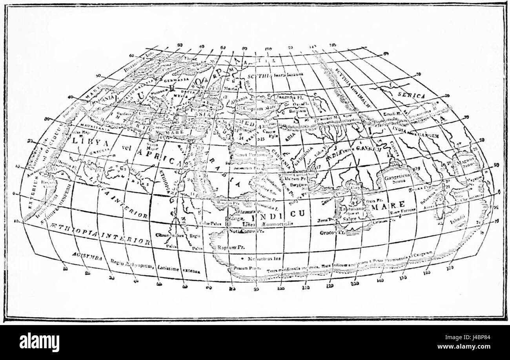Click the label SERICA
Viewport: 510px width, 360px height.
click(412, 96)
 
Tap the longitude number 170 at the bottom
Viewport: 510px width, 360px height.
click(452, 267)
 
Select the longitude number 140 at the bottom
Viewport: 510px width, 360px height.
click(379, 281)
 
